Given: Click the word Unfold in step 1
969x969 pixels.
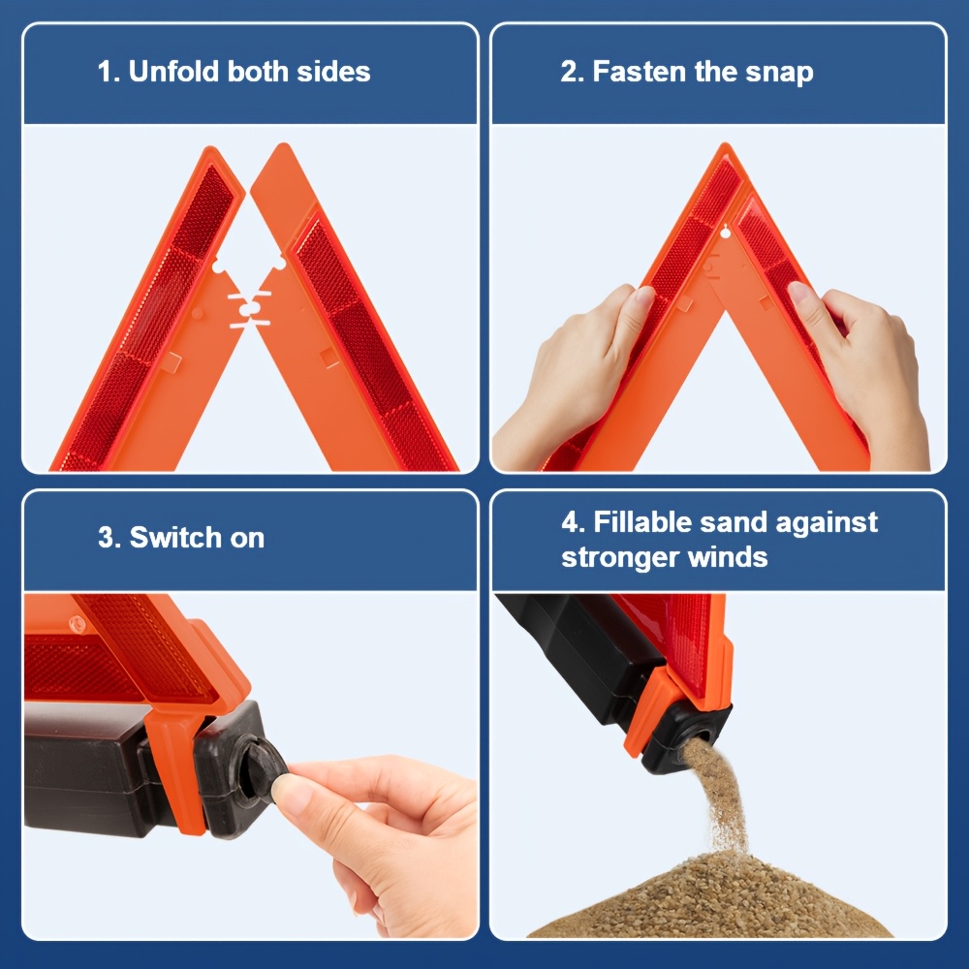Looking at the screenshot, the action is click(x=174, y=71).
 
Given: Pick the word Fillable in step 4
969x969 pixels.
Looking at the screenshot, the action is click(x=642, y=522).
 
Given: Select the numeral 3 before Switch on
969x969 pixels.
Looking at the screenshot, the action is click(x=106, y=538).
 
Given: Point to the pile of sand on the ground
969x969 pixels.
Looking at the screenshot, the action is click(x=710, y=897).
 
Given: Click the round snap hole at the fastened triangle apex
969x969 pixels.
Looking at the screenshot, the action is click(x=725, y=233).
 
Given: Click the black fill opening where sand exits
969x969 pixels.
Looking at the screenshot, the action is click(x=699, y=736).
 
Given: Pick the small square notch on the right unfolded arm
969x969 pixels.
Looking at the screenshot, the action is click(x=329, y=357).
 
